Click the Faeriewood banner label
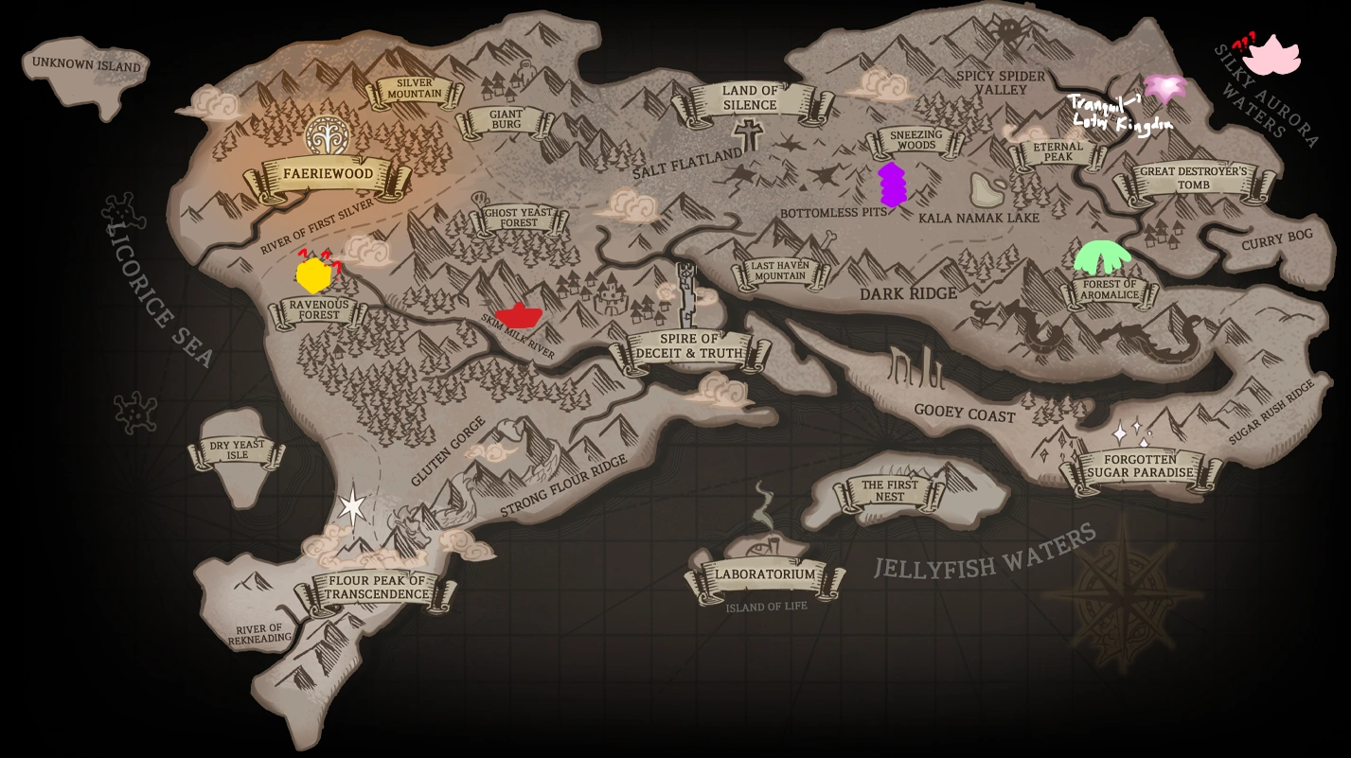328,175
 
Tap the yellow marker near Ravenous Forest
312,275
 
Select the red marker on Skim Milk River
518,315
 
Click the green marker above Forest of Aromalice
1103,256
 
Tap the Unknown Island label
85,65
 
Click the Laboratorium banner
764,574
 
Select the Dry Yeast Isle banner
238,450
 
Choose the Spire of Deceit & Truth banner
689,347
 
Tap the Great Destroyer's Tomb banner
1193,179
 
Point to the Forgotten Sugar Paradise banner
1140,467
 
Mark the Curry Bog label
1277,240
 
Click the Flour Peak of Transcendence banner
377,588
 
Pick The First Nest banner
889,490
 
